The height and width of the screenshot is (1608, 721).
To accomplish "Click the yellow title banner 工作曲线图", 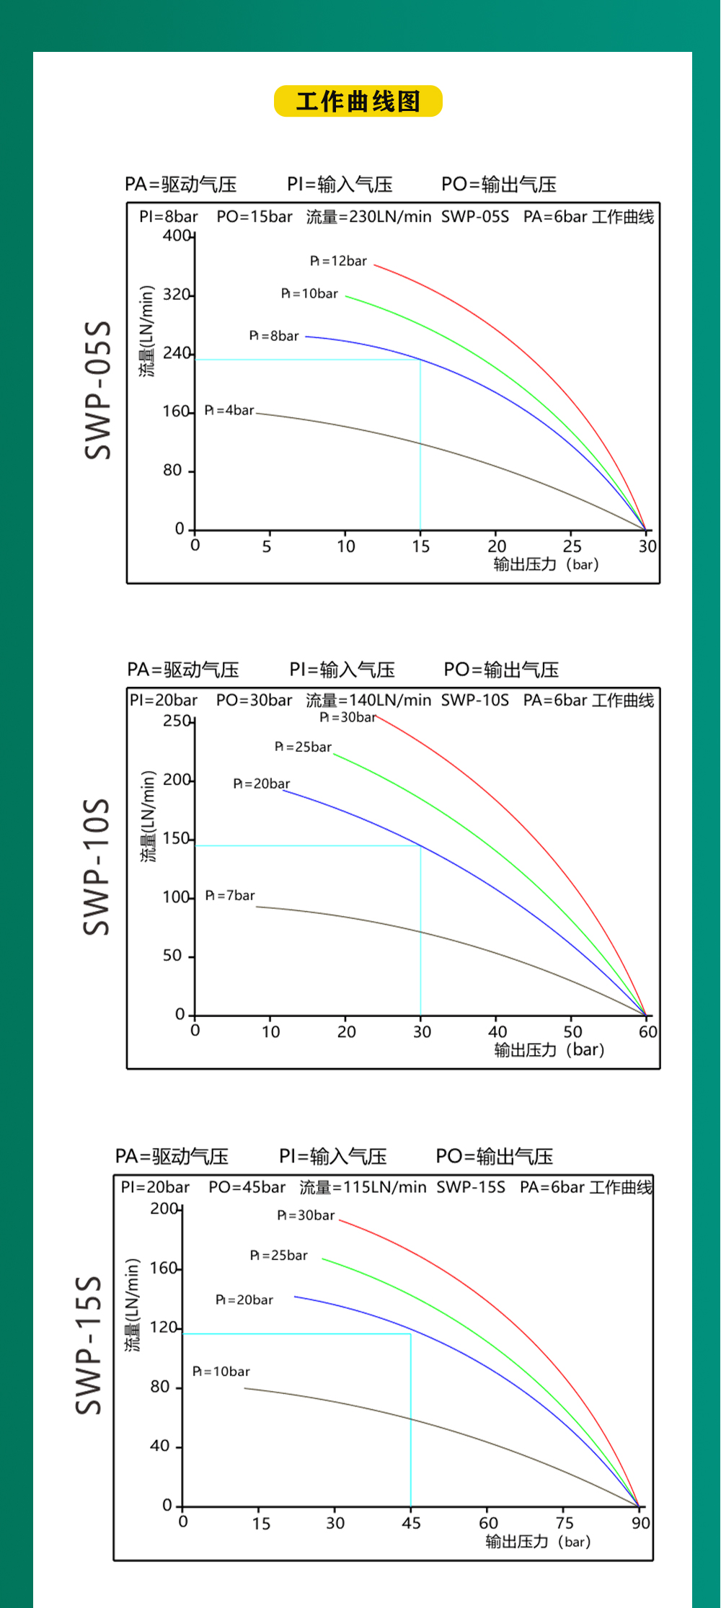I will (358, 102).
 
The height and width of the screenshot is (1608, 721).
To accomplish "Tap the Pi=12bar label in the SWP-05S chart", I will (338, 261).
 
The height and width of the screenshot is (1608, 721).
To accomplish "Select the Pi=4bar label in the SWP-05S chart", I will (229, 410).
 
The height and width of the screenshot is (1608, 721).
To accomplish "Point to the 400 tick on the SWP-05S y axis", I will (177, 236).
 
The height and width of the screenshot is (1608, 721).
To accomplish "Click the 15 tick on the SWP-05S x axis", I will (420, 546).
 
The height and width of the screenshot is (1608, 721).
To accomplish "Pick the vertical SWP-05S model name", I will (98, 390).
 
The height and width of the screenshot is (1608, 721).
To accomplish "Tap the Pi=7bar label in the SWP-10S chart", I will (230, 895).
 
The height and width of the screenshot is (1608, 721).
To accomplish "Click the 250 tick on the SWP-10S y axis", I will (177, 721).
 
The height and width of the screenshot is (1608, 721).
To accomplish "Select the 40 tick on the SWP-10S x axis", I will (497, 1031).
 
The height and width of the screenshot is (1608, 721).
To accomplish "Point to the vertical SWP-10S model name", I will (97, 866).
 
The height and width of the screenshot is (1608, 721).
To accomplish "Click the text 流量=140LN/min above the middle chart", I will (368, 700).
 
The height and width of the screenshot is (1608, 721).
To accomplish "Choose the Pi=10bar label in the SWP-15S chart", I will (221, 1371).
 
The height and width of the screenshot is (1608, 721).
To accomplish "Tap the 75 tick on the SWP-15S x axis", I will (565, 1522).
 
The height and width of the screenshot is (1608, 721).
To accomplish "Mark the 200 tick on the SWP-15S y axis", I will (164, 1208).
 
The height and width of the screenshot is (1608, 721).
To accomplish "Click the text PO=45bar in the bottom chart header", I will (247, 1187).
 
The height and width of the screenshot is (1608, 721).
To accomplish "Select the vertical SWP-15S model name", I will (89, 1345).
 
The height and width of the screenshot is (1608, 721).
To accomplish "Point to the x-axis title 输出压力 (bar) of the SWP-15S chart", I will (538, 1542).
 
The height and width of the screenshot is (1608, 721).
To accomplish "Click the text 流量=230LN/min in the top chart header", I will (368, 216).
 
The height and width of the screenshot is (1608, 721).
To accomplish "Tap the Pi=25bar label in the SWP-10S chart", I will (303, 747).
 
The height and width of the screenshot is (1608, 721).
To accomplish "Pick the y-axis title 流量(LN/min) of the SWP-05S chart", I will (147, 332).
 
